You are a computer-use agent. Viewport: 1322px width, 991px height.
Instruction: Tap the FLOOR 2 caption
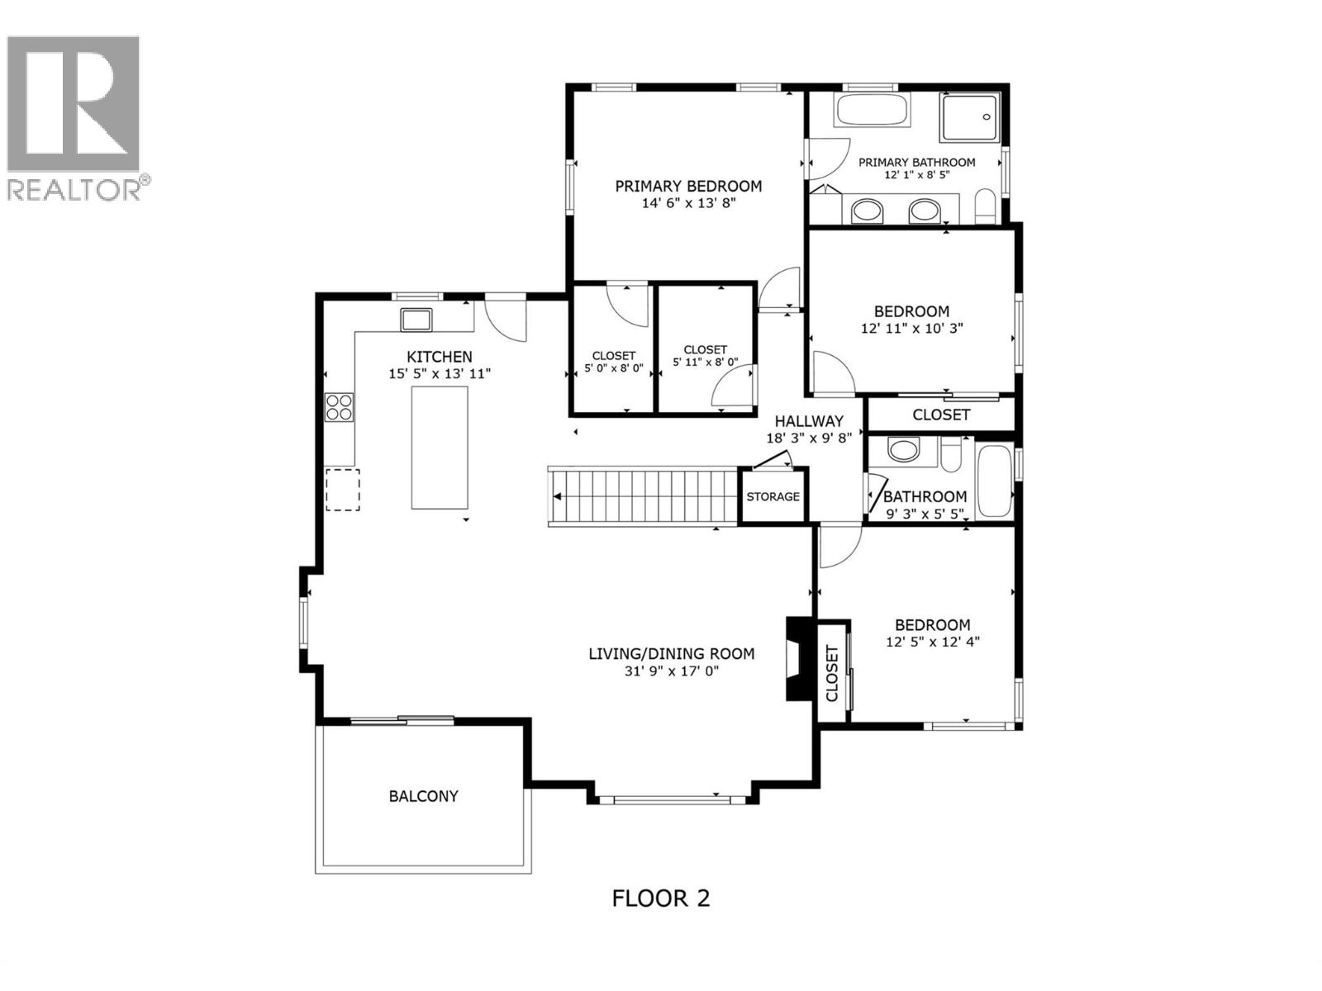point(661,898)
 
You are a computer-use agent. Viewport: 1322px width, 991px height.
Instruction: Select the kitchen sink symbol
point(416,318)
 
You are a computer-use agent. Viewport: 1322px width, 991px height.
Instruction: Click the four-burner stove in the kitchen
point(340,407)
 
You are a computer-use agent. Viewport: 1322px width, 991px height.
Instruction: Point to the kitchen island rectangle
point(440,448)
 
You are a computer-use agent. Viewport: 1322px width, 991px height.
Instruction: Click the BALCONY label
point(423,796)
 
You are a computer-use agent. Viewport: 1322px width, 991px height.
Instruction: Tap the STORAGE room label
point(773,496)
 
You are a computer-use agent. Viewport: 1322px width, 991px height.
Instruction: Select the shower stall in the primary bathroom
point(970,117)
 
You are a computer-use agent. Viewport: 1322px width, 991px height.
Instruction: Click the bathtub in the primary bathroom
point(872,111)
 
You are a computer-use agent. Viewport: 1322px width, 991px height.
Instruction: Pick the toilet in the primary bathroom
point(986,206)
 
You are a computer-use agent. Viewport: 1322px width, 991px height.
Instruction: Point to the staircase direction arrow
point(559,496)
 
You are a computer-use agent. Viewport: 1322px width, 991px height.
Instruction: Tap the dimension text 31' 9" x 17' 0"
point(672,671)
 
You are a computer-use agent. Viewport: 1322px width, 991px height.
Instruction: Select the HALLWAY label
point(808,421)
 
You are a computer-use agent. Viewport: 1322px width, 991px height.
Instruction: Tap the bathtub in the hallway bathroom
point(994,481)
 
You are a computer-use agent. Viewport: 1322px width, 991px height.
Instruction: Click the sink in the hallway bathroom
point(903,450)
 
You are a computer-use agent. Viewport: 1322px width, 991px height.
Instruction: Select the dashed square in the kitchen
point(342,489)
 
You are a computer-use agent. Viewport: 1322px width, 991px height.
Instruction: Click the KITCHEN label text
point(440,357)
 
